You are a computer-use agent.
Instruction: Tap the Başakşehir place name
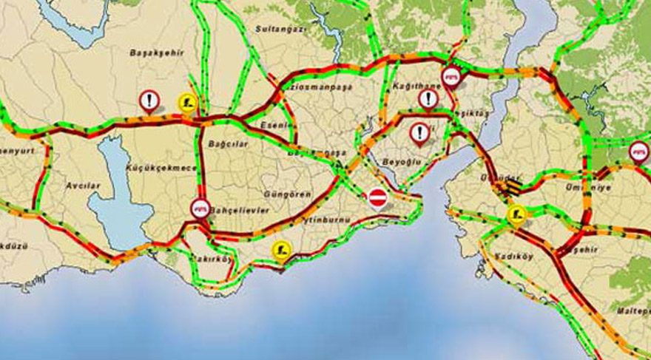pyautogui.click(x=156, y=53)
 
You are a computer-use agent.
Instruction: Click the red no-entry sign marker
pyautogui.click(x=377, y=197)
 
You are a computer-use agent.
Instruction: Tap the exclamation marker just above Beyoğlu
pyautogui.click(x=420, y=132)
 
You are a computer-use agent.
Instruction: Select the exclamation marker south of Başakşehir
pyautogui.click(x=149, y=99)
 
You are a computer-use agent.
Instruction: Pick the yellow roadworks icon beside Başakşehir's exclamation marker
pyautogui.click(x=187, y=102)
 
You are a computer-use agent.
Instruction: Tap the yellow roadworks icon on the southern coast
pyautogui.click(x=280, y=250)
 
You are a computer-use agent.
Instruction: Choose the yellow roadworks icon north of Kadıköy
pyautogui.click(x=516, y=215)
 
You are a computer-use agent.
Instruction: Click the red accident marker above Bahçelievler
pyautogui.click(x=200, y=207)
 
